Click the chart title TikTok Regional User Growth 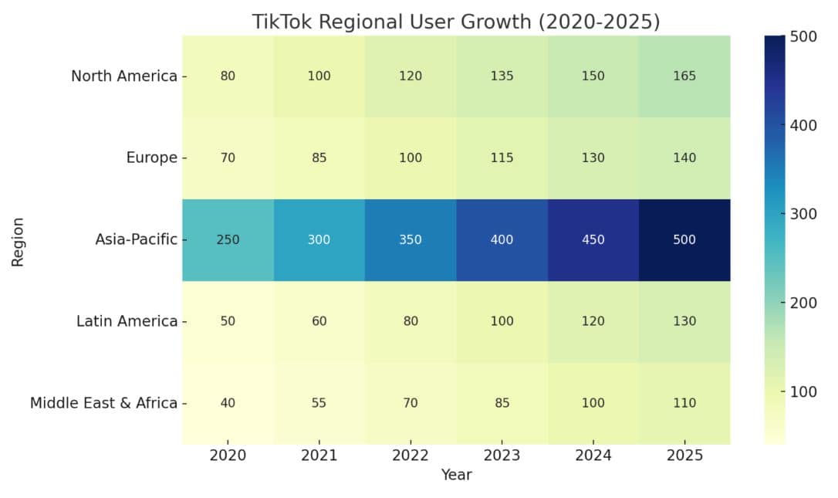click(x=456, y=22)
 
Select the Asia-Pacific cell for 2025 click(x=684, y=239)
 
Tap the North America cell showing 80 click(x=228, y=76)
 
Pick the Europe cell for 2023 click(x=502, y=158)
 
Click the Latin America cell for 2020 click(x=228, y=321)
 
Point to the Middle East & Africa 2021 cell click(x=319, y=403)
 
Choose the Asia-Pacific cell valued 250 click(x=228, y=239)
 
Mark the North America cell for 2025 click(x=684, y=76)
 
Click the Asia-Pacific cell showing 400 click(x=502, y=239)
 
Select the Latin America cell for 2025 click(x=684, y=321)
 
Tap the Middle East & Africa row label click(x=103, y=403)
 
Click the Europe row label click(x=151, y=158)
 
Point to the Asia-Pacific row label click(x=136, y=239)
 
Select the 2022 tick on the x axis click(x=411, y=456)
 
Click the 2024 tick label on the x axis click(x=593, y=456)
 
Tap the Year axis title click(x=456, y=475)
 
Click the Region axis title click(x=18, y=241)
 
